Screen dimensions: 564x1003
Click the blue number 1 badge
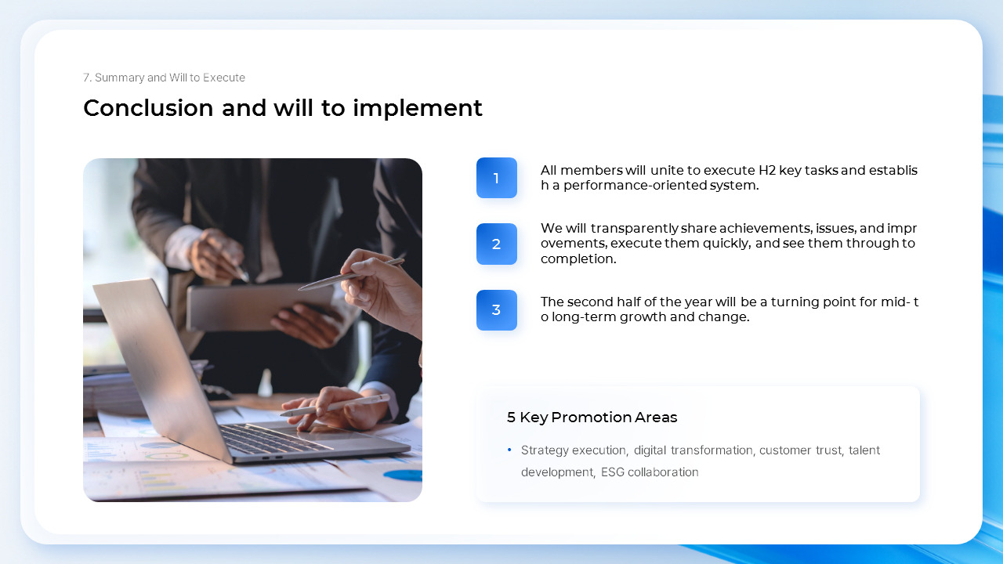coord(496,178)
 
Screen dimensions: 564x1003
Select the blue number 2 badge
coord(496,244)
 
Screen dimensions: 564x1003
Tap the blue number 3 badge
coord(496,310)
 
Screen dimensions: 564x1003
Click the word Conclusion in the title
coord(148,108)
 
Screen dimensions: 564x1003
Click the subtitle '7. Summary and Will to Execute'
coord(164,78)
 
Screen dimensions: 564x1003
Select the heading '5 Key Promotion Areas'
coord(592,418)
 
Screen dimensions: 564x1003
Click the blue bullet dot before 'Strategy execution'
coord(509,450)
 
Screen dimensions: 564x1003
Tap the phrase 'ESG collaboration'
coord(650,472)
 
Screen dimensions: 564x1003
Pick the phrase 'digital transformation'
coord(693,450)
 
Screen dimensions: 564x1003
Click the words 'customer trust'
coord(801,450)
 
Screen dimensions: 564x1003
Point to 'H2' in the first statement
coord(767,171)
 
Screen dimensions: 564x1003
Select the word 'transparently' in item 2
coord(634,229)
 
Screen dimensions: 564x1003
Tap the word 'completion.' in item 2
coord(578,258)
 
